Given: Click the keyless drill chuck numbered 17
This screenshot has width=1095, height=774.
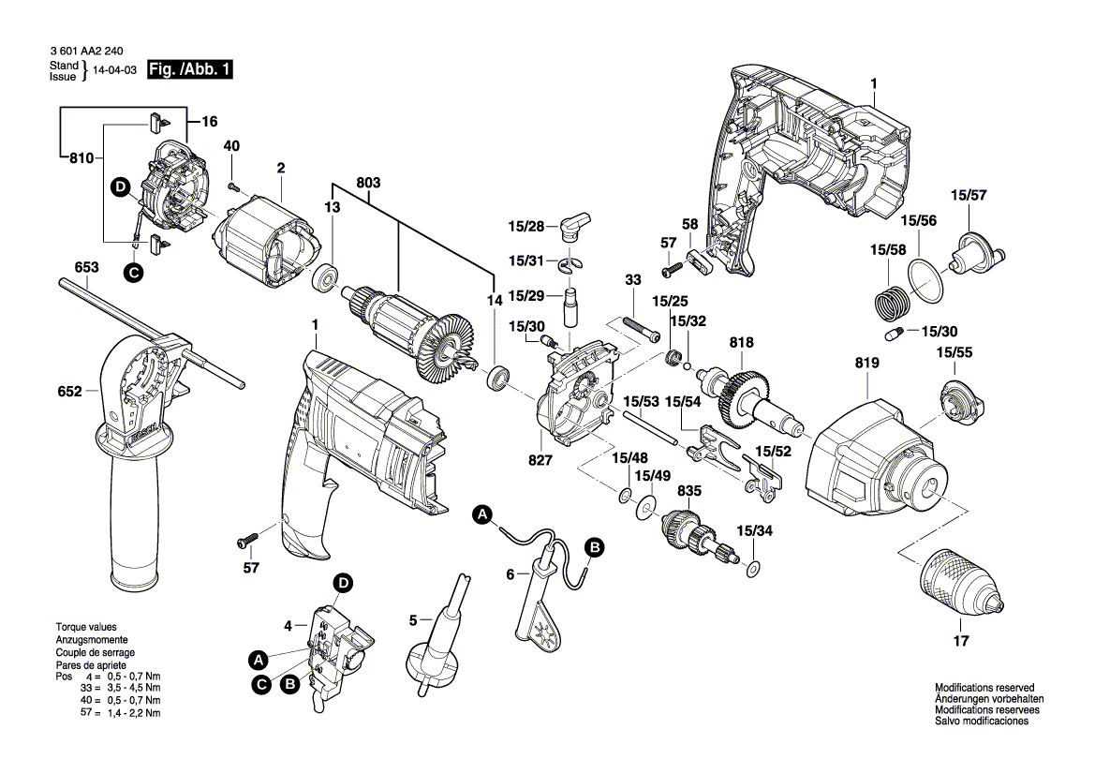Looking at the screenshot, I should tap(954, 580).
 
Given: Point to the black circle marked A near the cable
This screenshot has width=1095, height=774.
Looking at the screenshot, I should tap(482, 514).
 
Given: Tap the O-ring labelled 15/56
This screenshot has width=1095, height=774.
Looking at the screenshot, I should tap(926, 280).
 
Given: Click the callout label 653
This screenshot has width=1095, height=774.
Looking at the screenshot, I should tap(86, 267).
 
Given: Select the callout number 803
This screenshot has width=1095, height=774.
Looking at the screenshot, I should tap(368, 184).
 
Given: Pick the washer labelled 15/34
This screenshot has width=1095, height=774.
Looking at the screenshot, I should tap(753, 567).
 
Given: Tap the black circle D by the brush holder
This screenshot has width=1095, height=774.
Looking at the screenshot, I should tap(120, 186).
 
